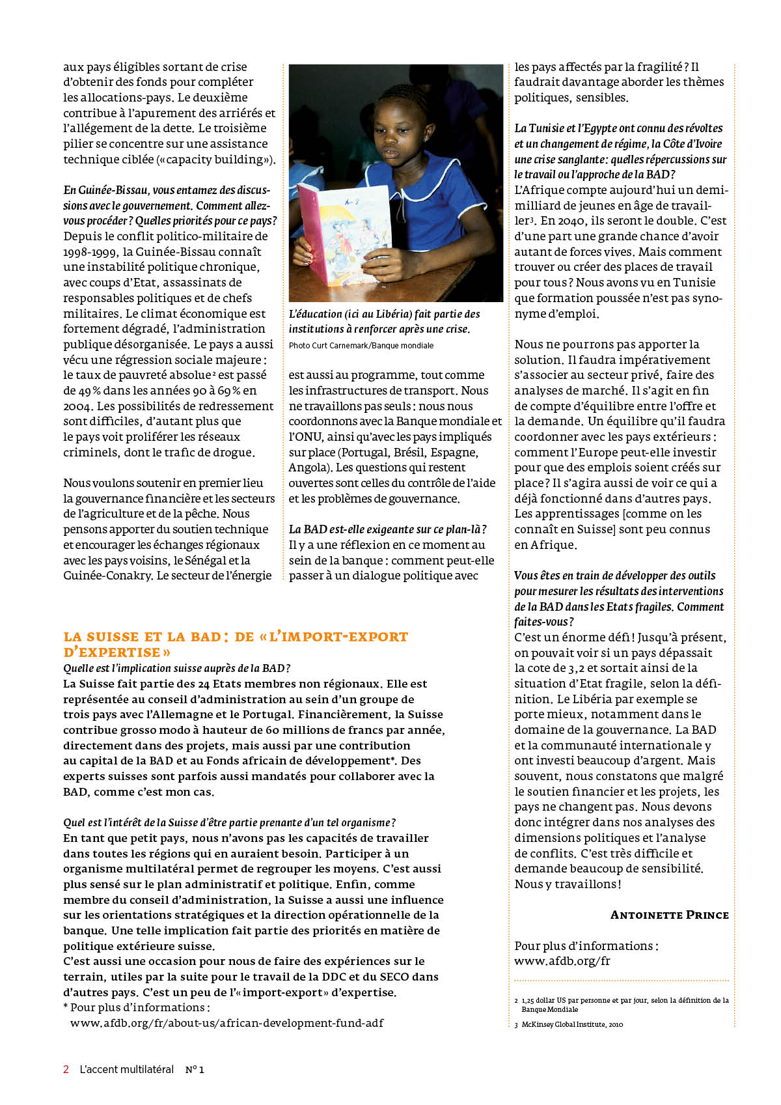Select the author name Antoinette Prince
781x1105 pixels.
(x=669, y=915)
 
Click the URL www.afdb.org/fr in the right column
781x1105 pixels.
(x=562, y=961)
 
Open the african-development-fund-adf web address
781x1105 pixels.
(x=226, y=1023)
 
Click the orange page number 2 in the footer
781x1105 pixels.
(x=66, y=1069)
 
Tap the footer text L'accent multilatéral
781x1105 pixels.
(x=126, y=1069)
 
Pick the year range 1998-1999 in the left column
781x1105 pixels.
(x=90, y=252)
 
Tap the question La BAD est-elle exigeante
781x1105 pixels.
(x=387, y=529)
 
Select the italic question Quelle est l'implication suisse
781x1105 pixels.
(x=176, y=668)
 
